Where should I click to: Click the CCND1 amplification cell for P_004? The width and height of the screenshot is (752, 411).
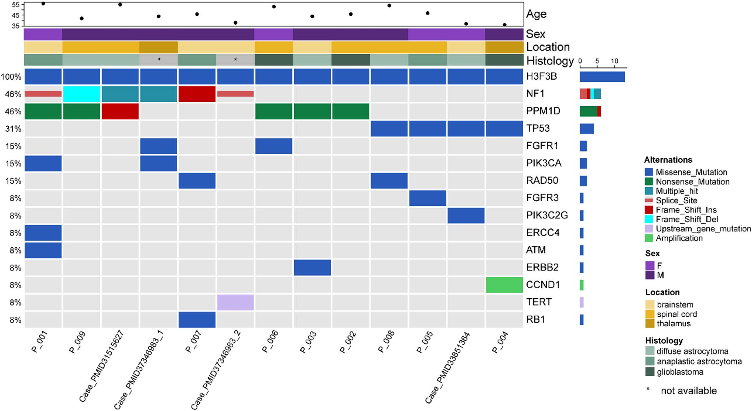tap(504, 285)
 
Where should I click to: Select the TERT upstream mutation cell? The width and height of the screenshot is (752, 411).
tap(235, 302)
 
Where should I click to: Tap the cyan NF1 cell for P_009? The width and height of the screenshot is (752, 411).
tap(82, 94)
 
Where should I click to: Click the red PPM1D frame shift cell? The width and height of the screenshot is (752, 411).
tap(120, 111)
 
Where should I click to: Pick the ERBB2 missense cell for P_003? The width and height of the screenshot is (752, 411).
tap(312, 268)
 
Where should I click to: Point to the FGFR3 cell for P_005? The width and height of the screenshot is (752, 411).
tap(427, 198)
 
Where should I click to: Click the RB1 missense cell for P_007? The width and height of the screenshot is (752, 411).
tap(197, 320)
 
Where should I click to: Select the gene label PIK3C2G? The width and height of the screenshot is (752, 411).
tap(547, 215)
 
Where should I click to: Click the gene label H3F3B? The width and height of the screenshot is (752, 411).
tap(541, 76)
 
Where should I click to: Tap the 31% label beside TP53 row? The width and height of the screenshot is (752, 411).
tap(13, 129)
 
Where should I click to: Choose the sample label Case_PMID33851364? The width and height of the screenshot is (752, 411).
tap(447, 368)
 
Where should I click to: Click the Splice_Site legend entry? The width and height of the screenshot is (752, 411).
tap(676, 200)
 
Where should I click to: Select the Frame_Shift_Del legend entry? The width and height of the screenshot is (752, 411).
tap(686, 219)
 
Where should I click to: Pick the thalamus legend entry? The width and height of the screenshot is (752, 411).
tap(673, 323)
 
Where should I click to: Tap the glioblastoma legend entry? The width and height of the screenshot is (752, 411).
tap(679, 372)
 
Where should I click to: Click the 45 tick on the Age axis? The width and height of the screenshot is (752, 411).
tap(15, 15)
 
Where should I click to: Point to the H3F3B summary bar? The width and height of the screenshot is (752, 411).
tap(602, 77)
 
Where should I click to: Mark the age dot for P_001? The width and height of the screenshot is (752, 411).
tap(43, 3)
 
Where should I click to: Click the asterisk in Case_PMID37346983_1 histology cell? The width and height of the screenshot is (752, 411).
tap(159, 60)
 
